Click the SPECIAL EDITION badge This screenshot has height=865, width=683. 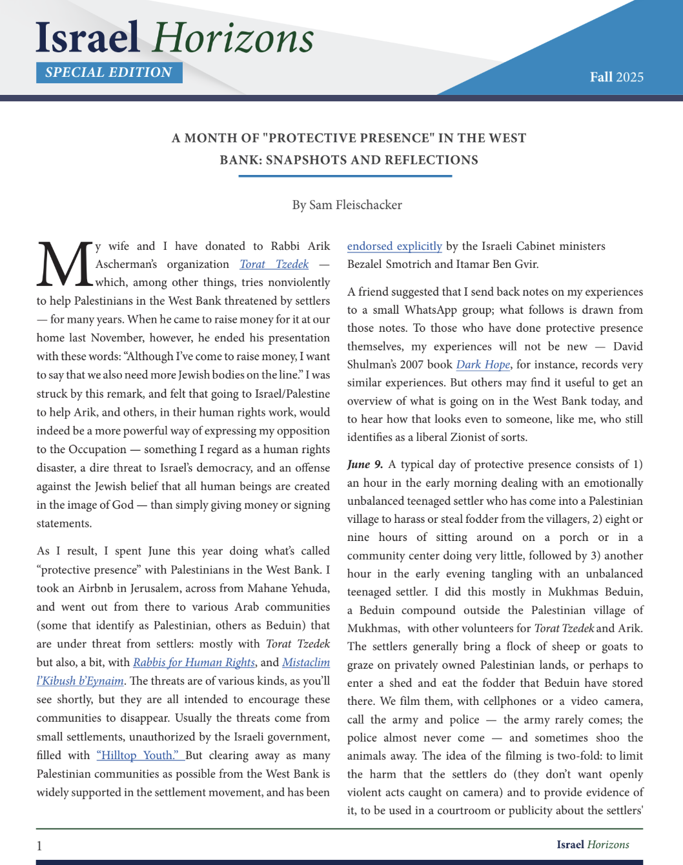point(109,72)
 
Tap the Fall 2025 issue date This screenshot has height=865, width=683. point(617,77)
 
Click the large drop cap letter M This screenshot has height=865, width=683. point(65,265)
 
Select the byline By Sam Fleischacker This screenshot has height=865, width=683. point(347,205)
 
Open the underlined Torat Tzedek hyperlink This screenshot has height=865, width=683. point(274,264)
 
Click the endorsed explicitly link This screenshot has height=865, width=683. point(394,246)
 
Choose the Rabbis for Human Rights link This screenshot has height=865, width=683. point(194,662)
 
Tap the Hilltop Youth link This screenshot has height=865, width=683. point(139,755)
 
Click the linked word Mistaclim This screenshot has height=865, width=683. point(306,662)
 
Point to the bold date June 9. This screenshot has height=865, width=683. point(365,464)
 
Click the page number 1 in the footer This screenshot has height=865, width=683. point(39,846)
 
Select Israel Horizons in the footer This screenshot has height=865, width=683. point(593,844)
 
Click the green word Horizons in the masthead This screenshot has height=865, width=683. point(234,37)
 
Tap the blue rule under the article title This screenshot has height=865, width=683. point(345,176)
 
